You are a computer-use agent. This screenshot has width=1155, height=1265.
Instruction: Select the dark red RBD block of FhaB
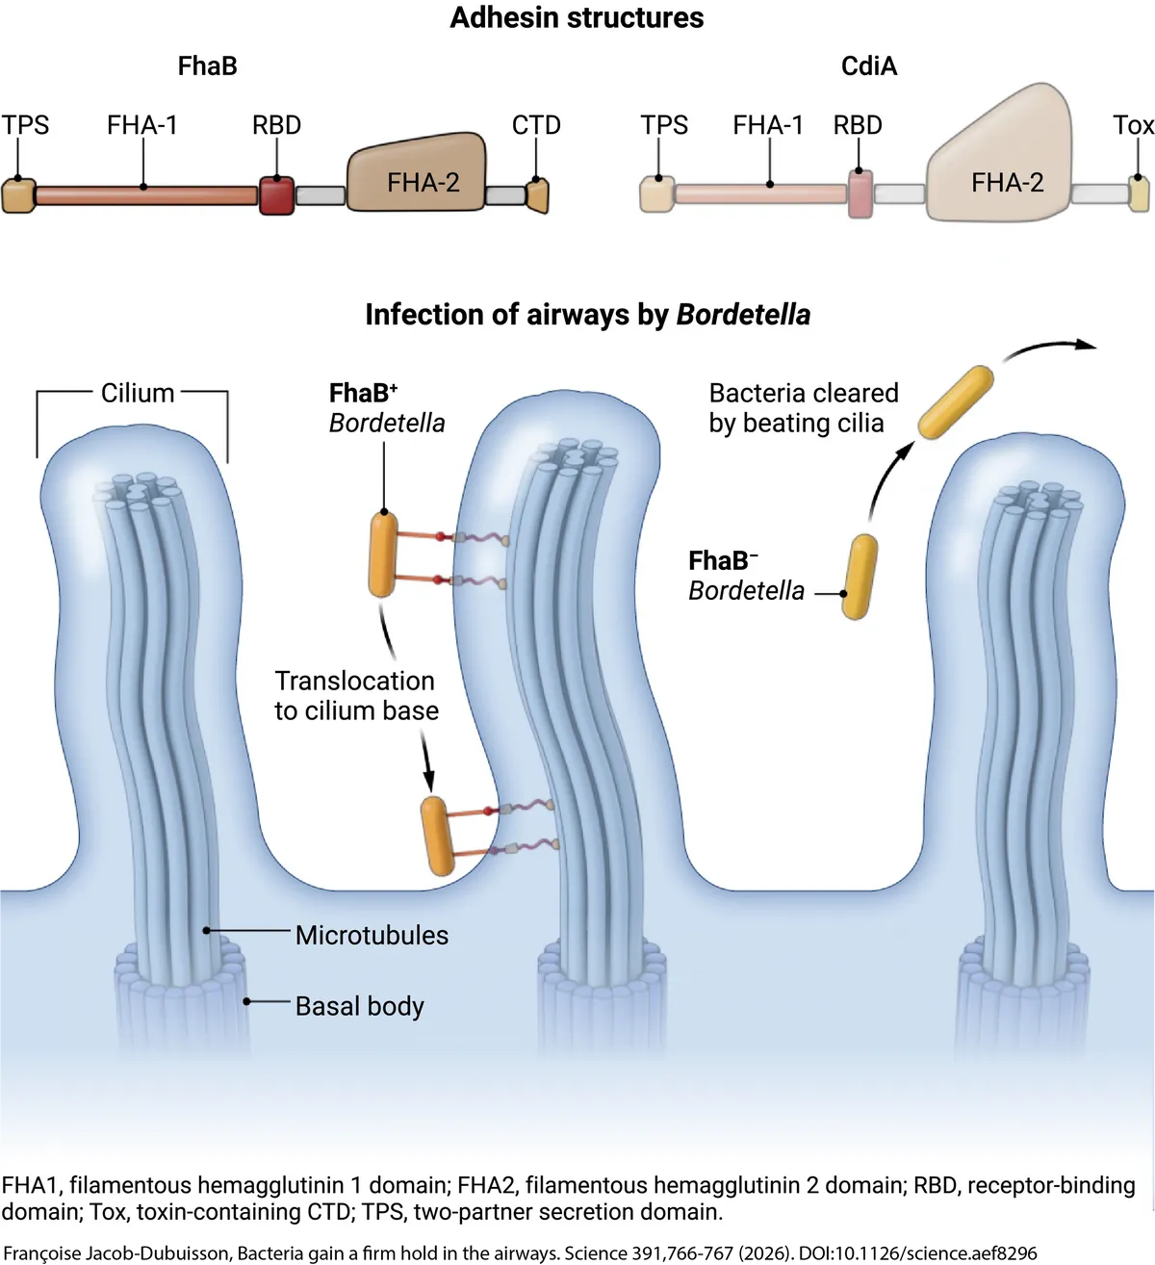tap(276, 195)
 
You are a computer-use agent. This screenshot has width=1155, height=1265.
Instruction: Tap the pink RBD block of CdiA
tap(860, 194)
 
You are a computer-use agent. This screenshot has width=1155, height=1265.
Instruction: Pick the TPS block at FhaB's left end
tap(17, 195)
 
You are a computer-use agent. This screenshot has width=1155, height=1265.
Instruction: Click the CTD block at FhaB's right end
tap(537, 194)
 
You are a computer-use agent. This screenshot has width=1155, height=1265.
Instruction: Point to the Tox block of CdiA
tap(1139, 194)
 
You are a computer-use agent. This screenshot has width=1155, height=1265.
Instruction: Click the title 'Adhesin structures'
tap(577, 17)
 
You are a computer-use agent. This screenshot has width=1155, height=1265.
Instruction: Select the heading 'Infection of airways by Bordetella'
tap(587, 315)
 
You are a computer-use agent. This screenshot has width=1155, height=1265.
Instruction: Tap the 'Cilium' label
tap(138, 393)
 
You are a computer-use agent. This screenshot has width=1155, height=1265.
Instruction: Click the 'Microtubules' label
tap(372, 935)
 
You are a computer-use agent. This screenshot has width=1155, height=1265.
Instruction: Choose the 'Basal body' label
tap(359, 1006)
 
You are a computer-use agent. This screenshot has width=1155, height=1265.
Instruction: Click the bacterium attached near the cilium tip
tap(383, 555)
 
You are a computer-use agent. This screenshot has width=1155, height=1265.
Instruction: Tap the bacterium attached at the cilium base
tap(438, 836)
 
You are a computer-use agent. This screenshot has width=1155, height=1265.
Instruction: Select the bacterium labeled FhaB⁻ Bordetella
tap(860, 576)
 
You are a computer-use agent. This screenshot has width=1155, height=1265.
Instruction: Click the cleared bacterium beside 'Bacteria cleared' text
tap(955, 401)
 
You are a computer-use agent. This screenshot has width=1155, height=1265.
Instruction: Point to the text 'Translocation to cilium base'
tap(356, 695)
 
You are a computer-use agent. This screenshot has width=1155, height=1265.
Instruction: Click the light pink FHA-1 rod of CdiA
tap(760, 194)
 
